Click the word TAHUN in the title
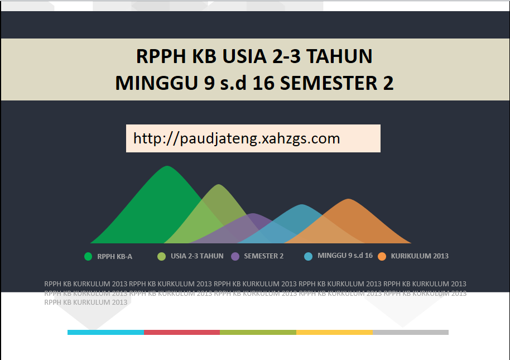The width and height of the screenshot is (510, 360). point(340,56)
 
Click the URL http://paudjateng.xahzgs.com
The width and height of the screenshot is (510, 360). point(237,138)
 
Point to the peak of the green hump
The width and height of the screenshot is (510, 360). point(167,167)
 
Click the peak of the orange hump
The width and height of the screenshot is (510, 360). point(349,200)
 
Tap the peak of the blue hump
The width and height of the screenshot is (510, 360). point(302,205)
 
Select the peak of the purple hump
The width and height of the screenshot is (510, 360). point(254,214)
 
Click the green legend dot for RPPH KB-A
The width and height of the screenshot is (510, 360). point(88,257)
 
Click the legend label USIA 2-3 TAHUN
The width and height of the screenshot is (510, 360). point(197,256)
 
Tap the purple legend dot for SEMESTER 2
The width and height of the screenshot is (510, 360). point(235,257)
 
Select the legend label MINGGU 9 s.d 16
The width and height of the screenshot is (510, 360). point(345,256)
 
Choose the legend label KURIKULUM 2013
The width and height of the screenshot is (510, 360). point(420,256)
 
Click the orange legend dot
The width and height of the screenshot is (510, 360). point(382,257)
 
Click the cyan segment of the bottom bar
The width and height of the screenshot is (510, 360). point(105,332)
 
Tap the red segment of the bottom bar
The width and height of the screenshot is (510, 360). point(182,332)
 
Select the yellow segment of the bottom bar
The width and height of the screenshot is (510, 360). point(334,332)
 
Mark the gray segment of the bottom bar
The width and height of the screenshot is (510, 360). point(410,332)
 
